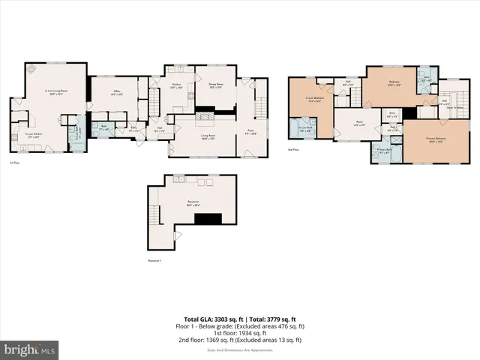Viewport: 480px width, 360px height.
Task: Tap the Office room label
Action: tap(117, 93)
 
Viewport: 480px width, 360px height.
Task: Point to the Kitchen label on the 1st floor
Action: tap(177, 85)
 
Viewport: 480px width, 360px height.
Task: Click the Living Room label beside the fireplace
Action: tap(196, 136)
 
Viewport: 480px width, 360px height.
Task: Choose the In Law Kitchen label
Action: tap(30, 135)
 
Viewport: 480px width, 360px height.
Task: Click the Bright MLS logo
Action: tap(30, 349)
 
